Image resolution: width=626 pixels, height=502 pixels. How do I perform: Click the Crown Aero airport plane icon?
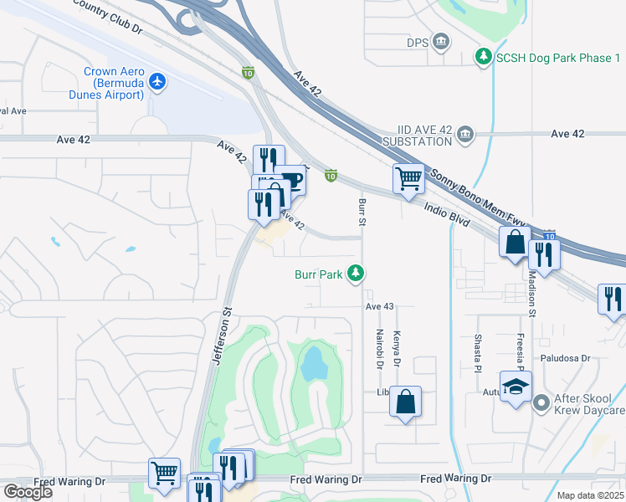(156, 81)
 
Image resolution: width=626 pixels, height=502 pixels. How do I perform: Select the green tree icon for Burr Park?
(357, 273)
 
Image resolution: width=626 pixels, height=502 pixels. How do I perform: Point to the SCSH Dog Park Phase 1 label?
(558, 57)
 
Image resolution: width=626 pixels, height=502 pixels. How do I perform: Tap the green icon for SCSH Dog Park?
(483, 57)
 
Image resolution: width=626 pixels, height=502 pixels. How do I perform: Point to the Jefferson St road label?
(223, 335)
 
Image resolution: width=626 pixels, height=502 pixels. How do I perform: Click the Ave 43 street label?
(379, 307)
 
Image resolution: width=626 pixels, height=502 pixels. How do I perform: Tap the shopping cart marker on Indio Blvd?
(408, 177)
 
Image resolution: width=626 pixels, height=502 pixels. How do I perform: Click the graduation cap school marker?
(516, 386)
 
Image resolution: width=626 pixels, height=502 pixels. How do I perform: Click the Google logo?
(28, 492)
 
